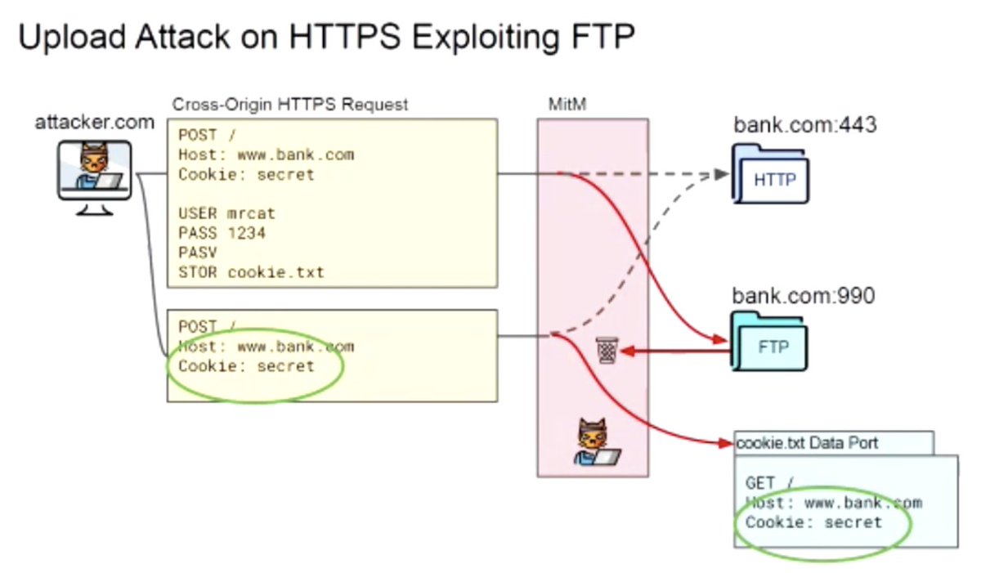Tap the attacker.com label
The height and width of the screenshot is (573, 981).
95,122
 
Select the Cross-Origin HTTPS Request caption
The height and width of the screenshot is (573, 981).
290,105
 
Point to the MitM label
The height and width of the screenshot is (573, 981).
567,104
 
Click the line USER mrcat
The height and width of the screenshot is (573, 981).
227,213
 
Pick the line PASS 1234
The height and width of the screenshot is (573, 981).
222,233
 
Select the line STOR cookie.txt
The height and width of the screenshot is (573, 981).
252,272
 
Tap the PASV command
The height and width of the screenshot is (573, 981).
198,253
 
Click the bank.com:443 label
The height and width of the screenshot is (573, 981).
805,125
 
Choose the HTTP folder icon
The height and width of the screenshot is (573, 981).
770,174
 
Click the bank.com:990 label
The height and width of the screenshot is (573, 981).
804,296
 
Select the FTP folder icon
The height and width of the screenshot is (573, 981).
769,342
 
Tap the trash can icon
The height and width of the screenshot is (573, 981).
607,350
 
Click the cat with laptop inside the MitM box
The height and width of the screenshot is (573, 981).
596,442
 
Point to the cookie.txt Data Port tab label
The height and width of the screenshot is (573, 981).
807,443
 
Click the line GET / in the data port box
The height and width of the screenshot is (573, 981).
769,483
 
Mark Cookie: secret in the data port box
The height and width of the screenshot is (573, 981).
813,522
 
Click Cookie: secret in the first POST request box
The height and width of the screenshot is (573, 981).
246,174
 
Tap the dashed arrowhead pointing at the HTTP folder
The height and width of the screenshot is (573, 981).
721,174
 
